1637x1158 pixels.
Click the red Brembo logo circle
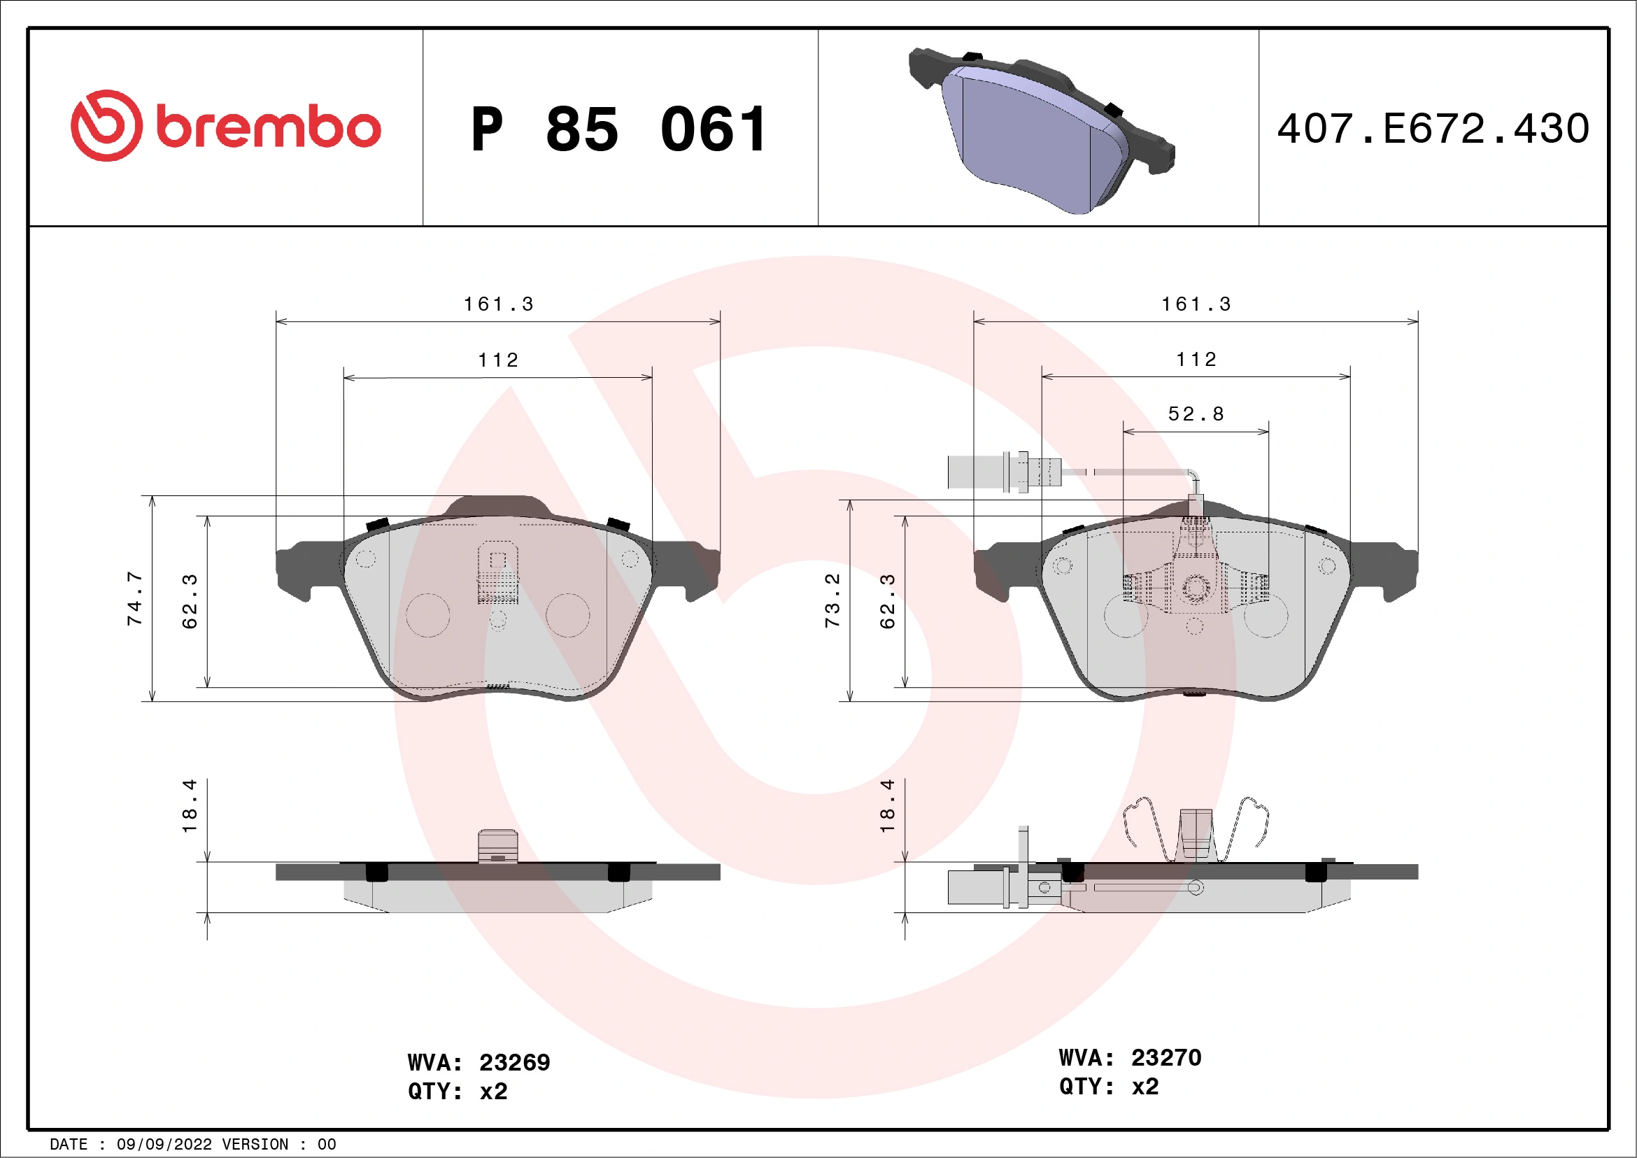106,125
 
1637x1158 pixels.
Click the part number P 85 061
619,129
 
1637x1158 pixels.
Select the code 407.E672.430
1433,129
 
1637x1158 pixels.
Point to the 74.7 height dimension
135,598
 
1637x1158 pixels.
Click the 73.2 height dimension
832,600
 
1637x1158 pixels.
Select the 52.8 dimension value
1196,414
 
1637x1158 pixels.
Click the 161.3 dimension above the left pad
498,304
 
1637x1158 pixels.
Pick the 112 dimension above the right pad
1196,360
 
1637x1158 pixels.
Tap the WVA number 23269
514,1062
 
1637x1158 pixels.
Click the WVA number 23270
1165,1057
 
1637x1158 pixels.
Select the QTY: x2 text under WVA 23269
457,1091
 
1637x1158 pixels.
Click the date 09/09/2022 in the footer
164,1145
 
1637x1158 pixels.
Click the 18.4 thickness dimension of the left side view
189,806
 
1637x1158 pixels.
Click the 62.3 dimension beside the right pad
887,601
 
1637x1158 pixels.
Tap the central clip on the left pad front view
497,573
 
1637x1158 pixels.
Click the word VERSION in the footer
255,1145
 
